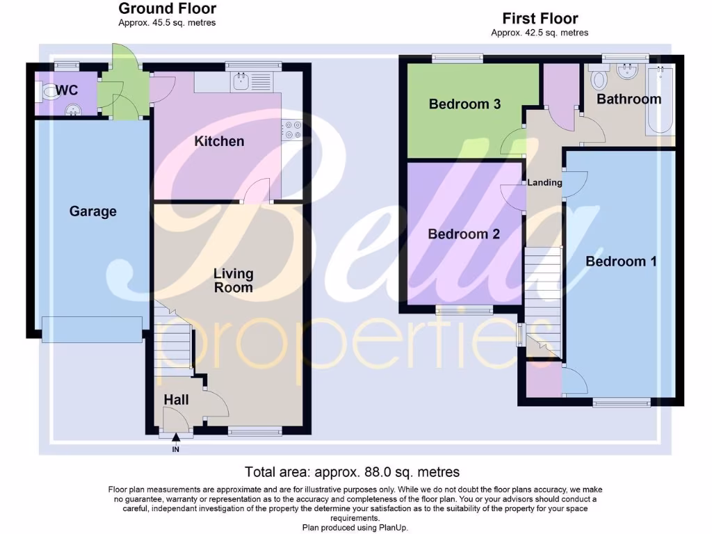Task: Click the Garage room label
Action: (x=92, y=211)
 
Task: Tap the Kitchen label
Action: (x=219, y=141)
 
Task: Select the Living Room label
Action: (x=233, y=280)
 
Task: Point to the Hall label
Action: (x=177, y=400)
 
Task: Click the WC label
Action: (x=67, y=90)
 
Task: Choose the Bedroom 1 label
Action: (x=621, y=261)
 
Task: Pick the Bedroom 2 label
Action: (x=464, y=234)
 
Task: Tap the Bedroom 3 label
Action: (x=464, y=104)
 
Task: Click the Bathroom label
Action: (x=629, y=99)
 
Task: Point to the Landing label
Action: (x=544, y=183)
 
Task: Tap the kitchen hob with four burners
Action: (x=291, y=130)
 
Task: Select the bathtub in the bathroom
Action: (x=660, y=101)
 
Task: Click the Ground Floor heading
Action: (x=167, y=9)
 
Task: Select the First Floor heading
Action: (x=540, y=19)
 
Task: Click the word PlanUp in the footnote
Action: (x=393, y=528)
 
